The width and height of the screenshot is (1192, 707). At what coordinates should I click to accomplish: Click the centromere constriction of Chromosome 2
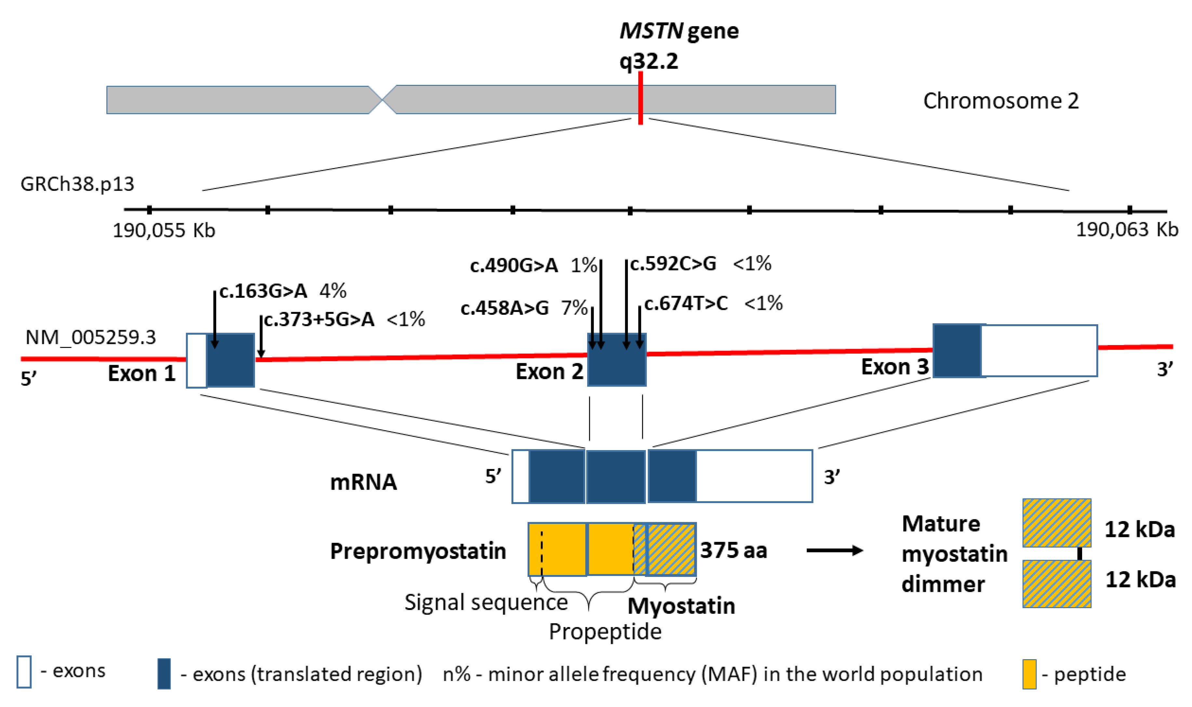tap(382, 100)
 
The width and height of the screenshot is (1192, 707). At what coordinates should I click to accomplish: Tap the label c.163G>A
tap(263, 291)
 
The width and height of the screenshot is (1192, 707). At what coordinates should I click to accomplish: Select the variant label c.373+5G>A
tap(319, 320)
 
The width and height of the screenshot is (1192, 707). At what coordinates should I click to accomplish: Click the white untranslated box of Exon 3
tap(1039, 351)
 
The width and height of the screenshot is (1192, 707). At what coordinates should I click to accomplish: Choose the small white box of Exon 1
tap(196, 361)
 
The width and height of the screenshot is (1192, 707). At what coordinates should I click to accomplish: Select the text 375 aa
tap(734, 550)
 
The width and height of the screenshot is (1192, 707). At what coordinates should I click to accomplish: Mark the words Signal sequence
tap(486, 603)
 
